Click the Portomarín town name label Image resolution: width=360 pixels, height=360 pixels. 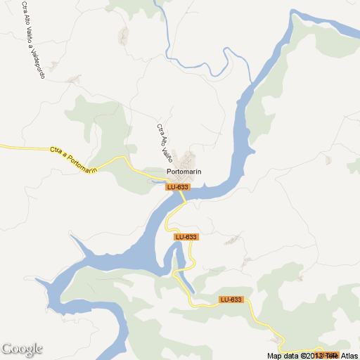185,172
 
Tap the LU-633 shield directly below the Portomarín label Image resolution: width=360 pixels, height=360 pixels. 178,187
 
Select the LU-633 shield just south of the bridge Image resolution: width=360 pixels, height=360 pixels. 187,237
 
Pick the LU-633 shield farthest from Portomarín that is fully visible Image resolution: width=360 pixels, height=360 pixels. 231,300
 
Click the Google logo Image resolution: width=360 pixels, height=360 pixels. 22,349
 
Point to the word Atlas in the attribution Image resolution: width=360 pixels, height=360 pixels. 347,355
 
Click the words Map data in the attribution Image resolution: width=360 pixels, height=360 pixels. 283,355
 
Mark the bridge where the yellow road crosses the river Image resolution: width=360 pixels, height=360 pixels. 182,195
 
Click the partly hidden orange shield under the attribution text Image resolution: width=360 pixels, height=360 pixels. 330,354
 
